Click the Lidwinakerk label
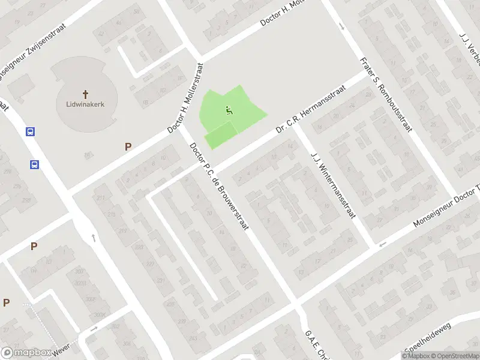click(85, 104)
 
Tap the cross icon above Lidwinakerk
click(85, 94)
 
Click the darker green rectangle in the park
click(220, 134)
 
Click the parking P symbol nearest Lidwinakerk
click(127, 146)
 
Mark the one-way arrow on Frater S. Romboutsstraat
click(341, 26)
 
